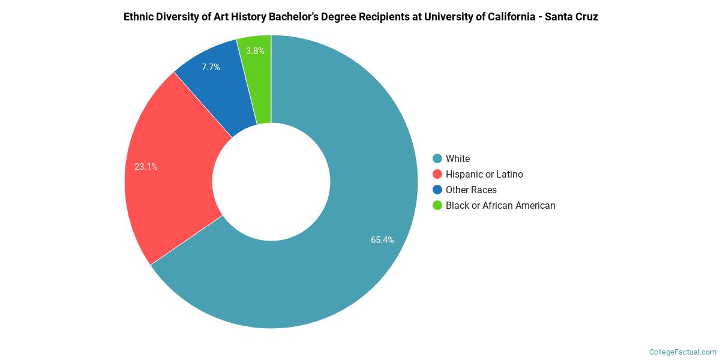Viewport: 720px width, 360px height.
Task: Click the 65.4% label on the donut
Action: coord(382,240)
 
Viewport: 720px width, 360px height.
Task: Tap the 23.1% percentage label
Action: coord(146,167)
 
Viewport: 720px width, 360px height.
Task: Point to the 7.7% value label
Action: coord(211,67)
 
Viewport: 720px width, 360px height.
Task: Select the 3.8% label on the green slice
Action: coord(256,51)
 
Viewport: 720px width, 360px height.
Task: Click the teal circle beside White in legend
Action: coord(437,158)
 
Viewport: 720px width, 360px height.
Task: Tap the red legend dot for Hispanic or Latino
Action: coord(437,174)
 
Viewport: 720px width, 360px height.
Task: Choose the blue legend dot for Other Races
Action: coord(437,190)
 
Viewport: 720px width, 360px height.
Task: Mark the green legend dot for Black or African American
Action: coord(437,205)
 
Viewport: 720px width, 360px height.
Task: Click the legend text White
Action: coord(458,158)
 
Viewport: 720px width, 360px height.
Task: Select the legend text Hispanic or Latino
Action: coord(484,174)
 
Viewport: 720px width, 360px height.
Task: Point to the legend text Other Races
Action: coord(471,190)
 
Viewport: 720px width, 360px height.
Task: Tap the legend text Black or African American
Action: coord(500,205)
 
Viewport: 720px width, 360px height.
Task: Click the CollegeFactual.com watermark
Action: coord(682,352)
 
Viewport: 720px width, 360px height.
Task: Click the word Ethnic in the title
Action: coord(139,17)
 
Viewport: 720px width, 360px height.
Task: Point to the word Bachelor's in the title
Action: coord(296,17)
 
